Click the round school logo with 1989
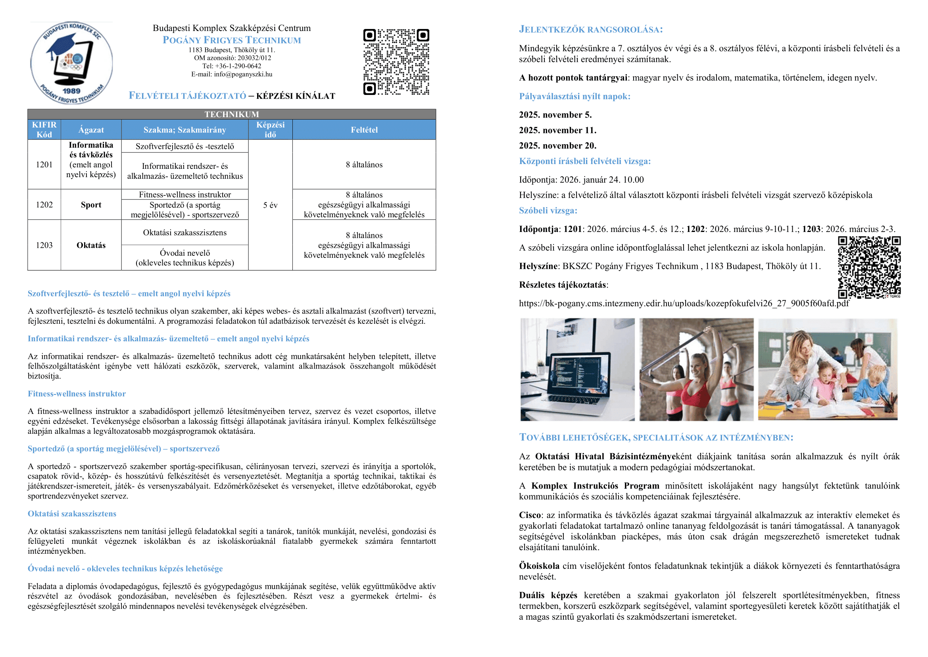tap(71, 63)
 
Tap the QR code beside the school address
tap(396, 62)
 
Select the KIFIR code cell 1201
tap(44, 165)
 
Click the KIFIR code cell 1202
tap(44, 205)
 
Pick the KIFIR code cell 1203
tap(44, 245)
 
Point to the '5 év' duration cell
tap(270, 205)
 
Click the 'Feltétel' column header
tap(364, 130)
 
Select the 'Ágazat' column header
tap(91, 130)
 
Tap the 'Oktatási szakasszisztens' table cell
tap(185, 233)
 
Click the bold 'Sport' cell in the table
tap(91, 205)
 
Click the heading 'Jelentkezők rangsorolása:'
tap(590, 29)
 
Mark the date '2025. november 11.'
tap(557, 130)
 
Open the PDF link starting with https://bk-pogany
tap(684, 303)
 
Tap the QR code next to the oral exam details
tap(869, 267)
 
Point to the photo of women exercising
tap(696, 369)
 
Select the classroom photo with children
tap(827, 369)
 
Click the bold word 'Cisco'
tap(530, 515)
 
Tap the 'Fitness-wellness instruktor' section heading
tap(77, 394)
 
